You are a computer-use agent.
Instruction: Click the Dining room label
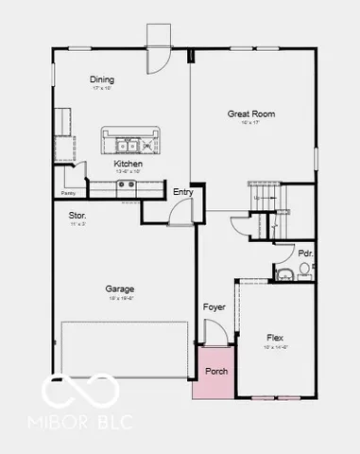(x=101, y=79)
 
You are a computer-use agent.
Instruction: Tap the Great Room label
(x=250, y=113)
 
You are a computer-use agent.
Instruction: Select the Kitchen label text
(x=129, y=164)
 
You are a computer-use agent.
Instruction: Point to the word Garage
(x=120, y=288)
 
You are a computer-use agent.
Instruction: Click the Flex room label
(x=275, y=338)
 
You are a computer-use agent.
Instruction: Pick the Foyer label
(x=214, y=307)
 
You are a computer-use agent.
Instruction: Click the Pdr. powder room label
(x=305, y=253)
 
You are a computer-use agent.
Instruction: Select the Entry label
(x=183, y=192)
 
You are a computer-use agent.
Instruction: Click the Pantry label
(x=68, y=193)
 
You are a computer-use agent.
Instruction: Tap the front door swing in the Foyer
(x=216, y=332)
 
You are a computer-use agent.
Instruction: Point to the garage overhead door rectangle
(x=125, y=348)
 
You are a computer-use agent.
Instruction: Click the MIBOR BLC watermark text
(x=86, y=419)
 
